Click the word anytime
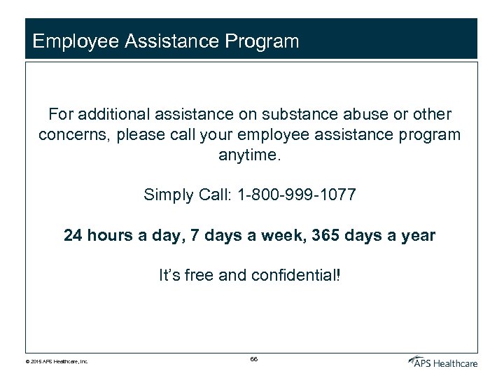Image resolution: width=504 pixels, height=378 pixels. click(249, 155)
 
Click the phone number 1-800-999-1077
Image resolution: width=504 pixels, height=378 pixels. click(297, 195)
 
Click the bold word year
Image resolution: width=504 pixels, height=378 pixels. click(417, 235)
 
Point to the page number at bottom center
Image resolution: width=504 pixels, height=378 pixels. click(253, 358)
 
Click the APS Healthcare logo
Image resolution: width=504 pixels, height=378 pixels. click(442, 360)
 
